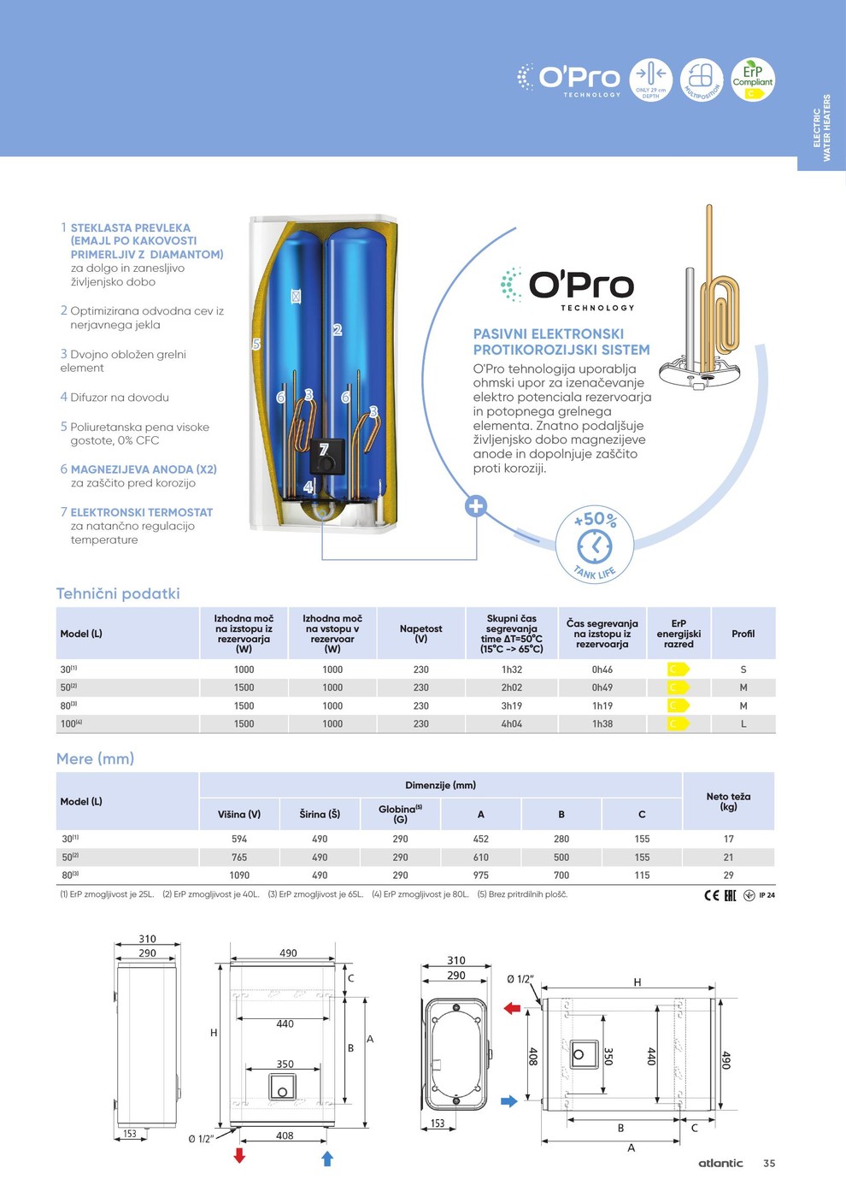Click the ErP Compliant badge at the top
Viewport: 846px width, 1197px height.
(x=752, y=80)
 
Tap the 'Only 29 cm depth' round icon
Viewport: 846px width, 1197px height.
(x=650, y=80)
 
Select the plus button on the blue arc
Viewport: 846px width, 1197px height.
(x=476, y=505)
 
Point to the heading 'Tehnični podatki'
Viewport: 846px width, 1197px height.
(x=118, y=593)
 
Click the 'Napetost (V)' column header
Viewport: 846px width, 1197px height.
(x=420, y=634)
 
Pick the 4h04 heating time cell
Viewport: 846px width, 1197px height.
(x=511, y=723)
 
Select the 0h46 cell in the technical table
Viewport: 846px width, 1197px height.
(x=602, y=669)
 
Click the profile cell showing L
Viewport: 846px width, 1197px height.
(x=743, y=723)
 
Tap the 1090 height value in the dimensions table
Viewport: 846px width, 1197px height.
(x=239, y=875)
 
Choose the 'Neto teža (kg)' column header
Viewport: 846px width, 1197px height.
(x=728, y=801)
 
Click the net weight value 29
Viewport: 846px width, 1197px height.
(x=728, y=875)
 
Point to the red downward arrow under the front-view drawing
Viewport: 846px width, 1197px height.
(x=239, y=1156)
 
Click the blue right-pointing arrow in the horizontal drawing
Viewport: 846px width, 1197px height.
(x=508, y=1101)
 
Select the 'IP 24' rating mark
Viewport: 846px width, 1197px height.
(x=767, y=895)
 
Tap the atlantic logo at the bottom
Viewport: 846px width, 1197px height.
(x=720, y=1163)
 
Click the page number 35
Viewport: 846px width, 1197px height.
(x=769, y=1163)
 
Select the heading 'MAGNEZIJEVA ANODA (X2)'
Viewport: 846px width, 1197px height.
(x=144, y=469)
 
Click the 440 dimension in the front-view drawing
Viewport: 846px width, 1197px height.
(x=285, y=1023)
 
